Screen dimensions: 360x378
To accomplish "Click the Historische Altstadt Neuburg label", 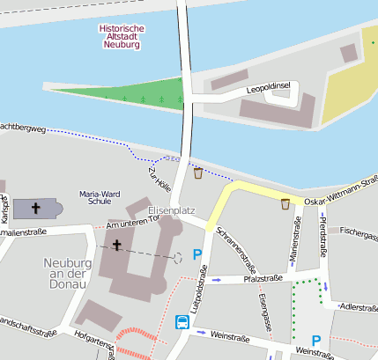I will (x=122, y=36).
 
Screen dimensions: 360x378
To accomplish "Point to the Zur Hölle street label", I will (x=161, y=181).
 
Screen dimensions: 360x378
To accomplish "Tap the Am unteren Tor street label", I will (x=130, y=226).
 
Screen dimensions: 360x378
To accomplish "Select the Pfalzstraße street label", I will (x=263, y=278).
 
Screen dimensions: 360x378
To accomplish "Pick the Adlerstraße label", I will (x=359, y=307).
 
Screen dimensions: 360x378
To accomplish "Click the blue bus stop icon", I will (x=182, y=322).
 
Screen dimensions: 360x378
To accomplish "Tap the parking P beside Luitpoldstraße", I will (x=197, y=255).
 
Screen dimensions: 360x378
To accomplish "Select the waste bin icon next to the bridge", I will (x=198, y=173).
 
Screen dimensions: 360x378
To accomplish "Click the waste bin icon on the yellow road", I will (x=285, y=204).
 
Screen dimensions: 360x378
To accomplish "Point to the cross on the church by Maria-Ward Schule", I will (x=36, y=209).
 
